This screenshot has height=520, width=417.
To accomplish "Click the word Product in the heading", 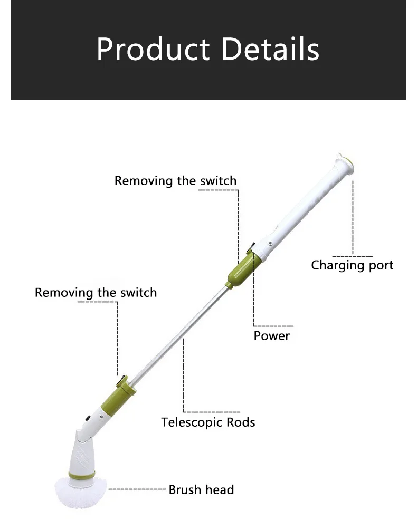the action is pos(153,50).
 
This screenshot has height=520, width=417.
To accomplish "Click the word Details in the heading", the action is pos(270,50).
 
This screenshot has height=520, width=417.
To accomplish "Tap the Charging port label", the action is pos(352,265).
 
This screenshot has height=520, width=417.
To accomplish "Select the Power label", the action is pos(272,335).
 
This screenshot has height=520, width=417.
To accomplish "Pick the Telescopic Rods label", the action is pos(208,422).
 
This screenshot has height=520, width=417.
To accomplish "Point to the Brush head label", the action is pos(201,490).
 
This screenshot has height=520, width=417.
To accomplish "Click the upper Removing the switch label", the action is pos(176,181).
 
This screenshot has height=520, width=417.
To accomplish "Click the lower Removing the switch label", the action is pos(96,293).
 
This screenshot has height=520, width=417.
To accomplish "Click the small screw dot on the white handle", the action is pos(270,243).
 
